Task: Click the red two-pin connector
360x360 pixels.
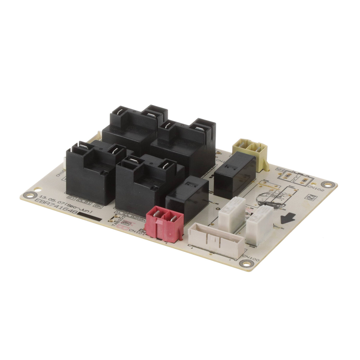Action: click(165, 223)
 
